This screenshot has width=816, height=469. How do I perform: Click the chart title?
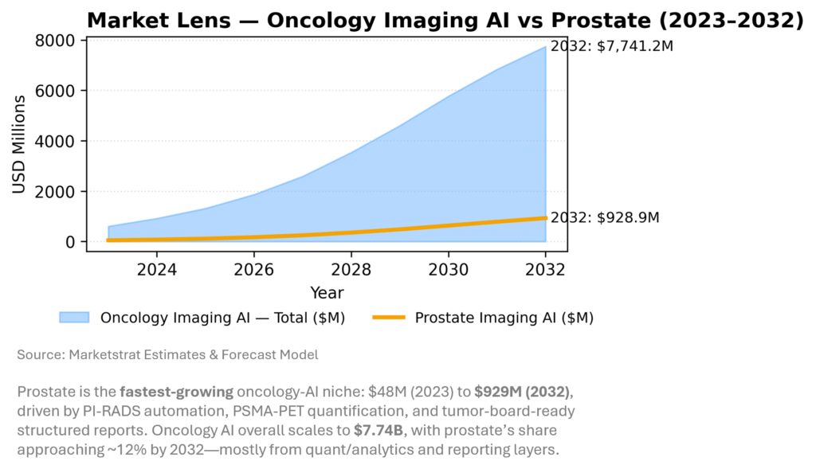[x=445, y=21]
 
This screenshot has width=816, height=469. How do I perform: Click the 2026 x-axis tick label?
[x=254, y=269]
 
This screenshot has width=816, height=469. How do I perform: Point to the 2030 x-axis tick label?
[x=449, y=269]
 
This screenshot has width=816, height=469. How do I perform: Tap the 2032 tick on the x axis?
[x=545, y=269]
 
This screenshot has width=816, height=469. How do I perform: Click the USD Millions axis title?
[x=19, y=144]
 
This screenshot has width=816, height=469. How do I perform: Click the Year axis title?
[x=327, y=293]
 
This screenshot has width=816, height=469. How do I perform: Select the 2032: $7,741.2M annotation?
[x=611, y=47]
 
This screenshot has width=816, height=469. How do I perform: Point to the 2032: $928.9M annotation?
[x=605, y=217]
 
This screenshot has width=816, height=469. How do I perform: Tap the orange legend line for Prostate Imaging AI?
[x=393, y=318]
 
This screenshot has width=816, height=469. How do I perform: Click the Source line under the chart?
[x=167, y=355]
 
